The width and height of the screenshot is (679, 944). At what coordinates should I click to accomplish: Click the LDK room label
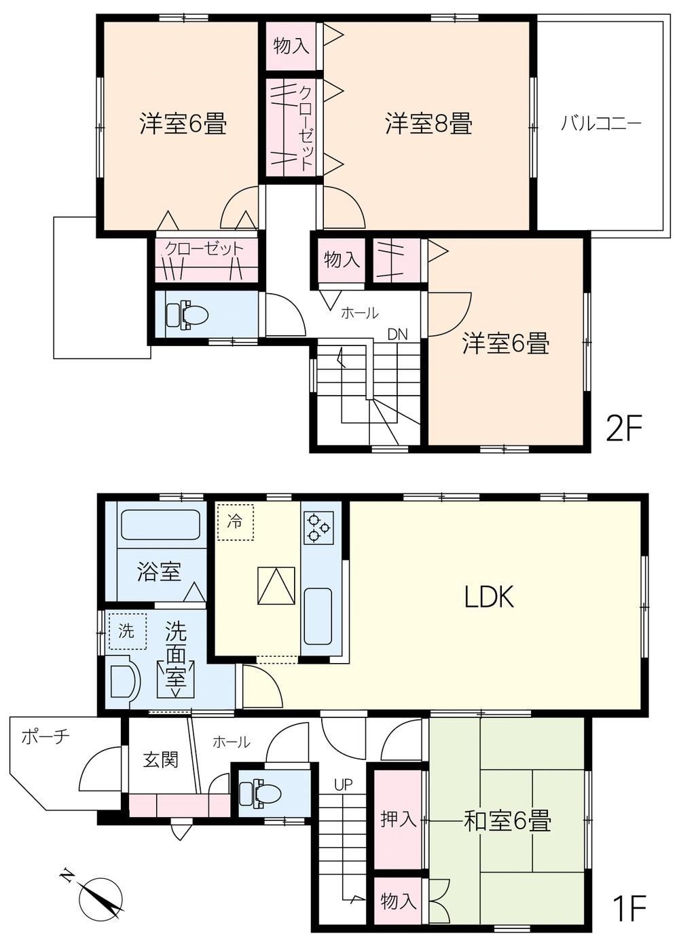tap(489, 597)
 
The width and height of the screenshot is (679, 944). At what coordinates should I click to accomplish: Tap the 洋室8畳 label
tap(428, 124)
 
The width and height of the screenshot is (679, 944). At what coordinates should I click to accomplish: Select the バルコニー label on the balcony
tap(601, 124)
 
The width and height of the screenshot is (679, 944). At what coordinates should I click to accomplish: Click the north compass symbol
tap(100, 896)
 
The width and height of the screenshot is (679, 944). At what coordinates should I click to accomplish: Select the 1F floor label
tap(628, 908)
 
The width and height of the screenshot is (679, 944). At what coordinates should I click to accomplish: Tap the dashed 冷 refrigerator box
tap(234, 521)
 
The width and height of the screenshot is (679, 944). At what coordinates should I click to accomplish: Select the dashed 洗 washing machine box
tap(127, 630)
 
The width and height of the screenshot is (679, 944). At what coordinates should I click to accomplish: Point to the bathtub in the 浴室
tap(160, 525)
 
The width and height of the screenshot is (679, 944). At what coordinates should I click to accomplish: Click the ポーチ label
tap(45, 736)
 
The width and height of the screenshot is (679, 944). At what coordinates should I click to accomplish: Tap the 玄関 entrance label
tap(160, 759)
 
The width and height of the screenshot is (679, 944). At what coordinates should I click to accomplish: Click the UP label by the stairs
tap(343, 785)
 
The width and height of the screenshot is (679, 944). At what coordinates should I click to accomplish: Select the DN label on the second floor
tap(398, 334)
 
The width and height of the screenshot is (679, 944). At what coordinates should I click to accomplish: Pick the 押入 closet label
tap(398, 819)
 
